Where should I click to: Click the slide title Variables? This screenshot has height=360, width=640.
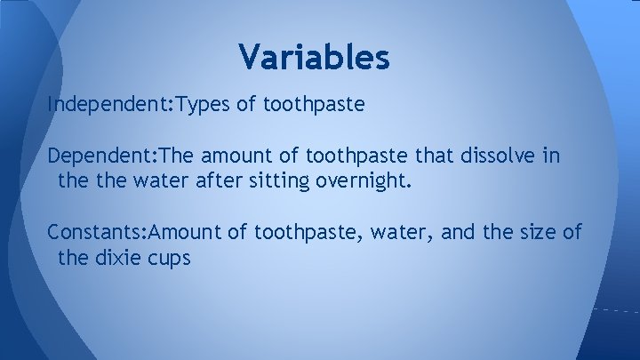click(314, 58)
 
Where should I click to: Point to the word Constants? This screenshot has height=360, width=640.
click(98, 234)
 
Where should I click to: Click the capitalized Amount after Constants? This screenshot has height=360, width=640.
click(188, 234)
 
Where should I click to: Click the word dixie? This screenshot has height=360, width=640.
click(117, 260)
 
